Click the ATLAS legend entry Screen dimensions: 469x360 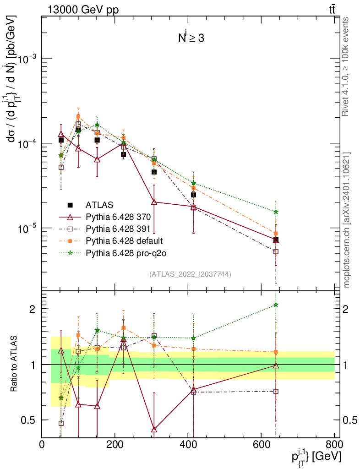coord(99,205)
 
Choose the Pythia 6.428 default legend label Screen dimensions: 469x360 coord(124,240)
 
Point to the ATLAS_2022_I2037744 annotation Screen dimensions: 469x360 coord(190,274)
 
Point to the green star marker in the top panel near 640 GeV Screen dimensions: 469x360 coord(276,212)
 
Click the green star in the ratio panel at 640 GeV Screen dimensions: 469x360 coord(276,305)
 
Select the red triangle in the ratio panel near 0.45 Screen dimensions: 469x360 coord(154,430)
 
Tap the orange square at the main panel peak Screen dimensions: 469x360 coord(78,116)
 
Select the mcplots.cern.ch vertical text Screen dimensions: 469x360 coord(347,220)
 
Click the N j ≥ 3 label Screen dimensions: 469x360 coord(191,38)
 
